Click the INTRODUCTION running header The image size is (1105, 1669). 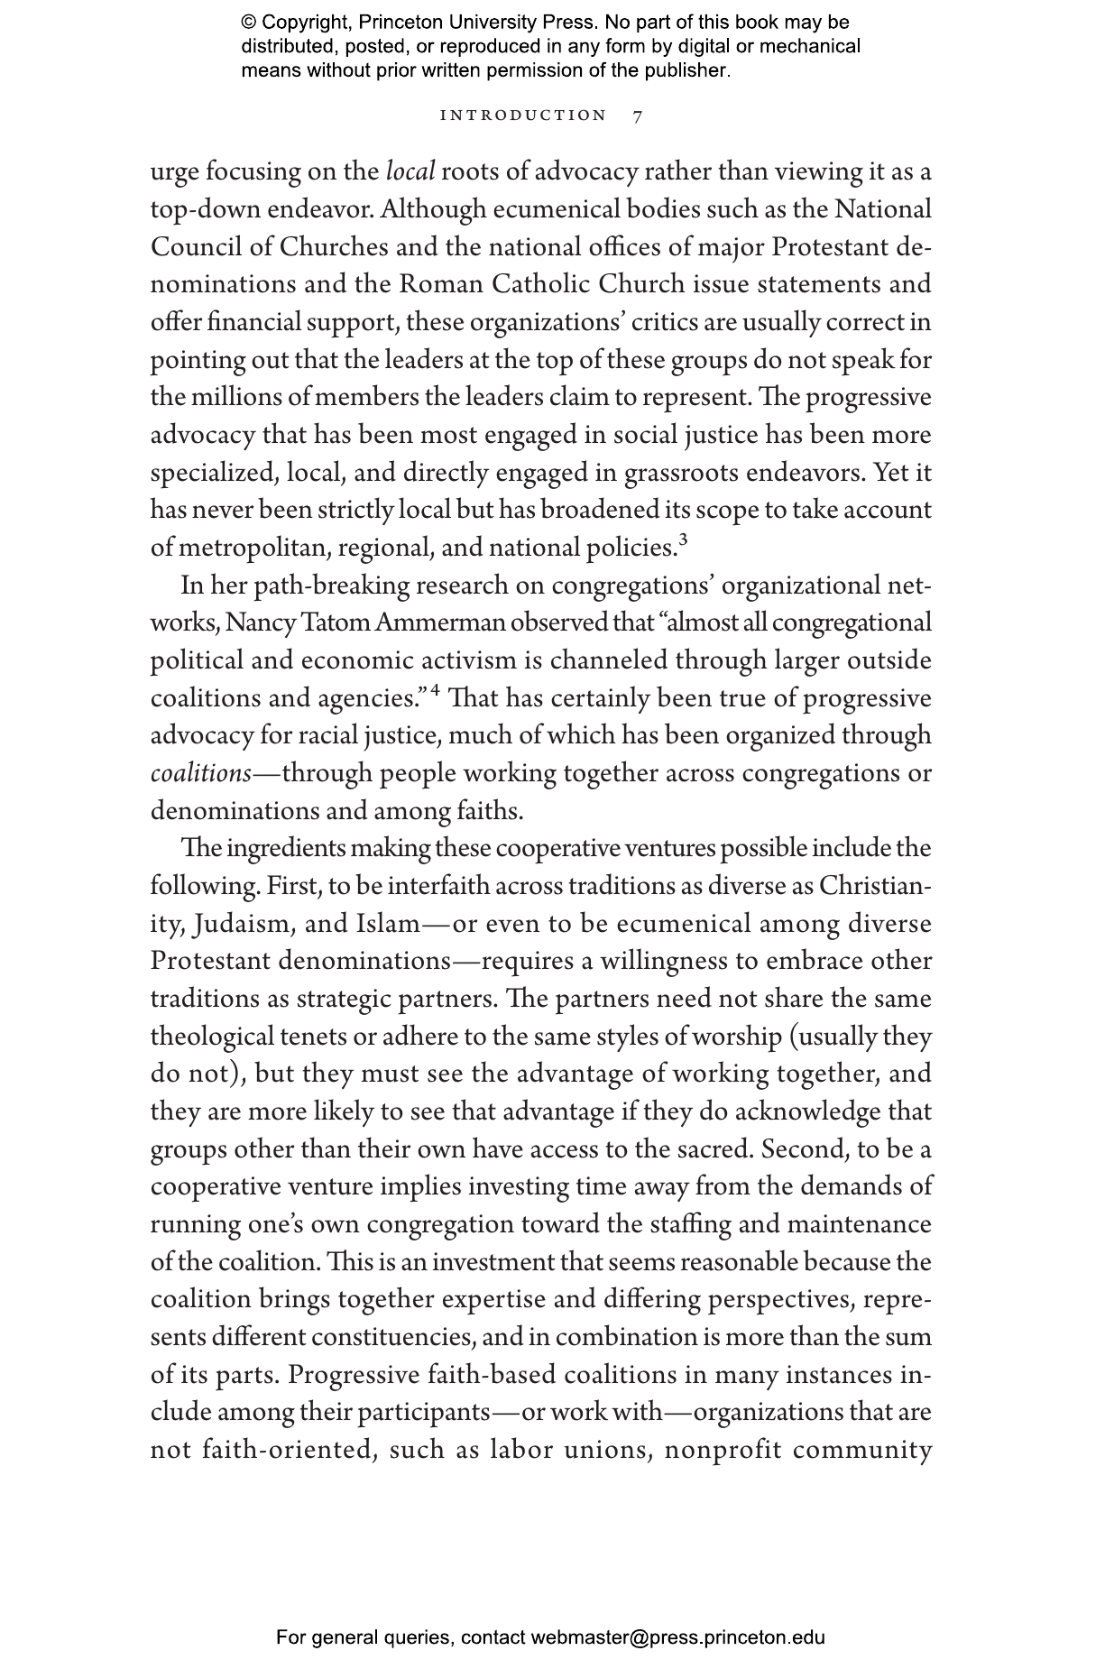pyautogui.click(x=523, y=115)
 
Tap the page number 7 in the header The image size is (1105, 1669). pyautogui.click(x=638, y=116)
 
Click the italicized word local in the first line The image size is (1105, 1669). pyautogui.click(x=410, y=171)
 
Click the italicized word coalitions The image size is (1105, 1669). pyautogui.click(x=200, y=774)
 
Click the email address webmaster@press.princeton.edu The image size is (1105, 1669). pyautogui.click(x=677, y=1637)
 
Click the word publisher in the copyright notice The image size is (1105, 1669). pyautogui.click(x=683, y=70)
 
